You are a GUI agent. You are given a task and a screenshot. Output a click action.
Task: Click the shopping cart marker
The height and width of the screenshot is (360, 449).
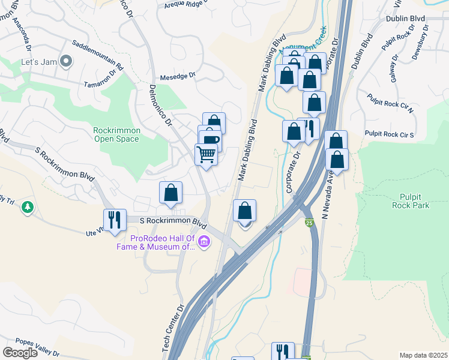point(206,155)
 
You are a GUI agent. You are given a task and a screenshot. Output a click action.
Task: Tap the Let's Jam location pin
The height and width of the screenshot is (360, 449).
point(67,61)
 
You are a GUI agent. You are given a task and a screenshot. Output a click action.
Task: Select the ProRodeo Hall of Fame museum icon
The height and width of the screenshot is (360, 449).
point(204,242)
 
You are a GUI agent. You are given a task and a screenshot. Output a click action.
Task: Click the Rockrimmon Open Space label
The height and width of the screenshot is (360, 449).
point(116,135)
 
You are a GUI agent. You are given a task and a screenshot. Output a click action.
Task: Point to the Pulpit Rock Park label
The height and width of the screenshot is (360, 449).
point(414,201)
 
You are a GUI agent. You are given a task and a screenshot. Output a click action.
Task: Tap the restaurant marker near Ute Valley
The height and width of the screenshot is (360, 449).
point(114,220)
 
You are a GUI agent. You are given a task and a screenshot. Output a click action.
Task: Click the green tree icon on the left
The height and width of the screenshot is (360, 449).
point(27,208)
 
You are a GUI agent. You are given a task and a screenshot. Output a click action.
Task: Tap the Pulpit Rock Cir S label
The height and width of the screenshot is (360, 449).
point(390,134)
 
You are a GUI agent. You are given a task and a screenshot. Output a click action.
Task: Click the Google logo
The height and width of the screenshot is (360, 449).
point(20,353)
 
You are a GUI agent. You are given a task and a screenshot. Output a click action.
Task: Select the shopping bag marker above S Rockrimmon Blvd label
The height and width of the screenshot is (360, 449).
point(171,193)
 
